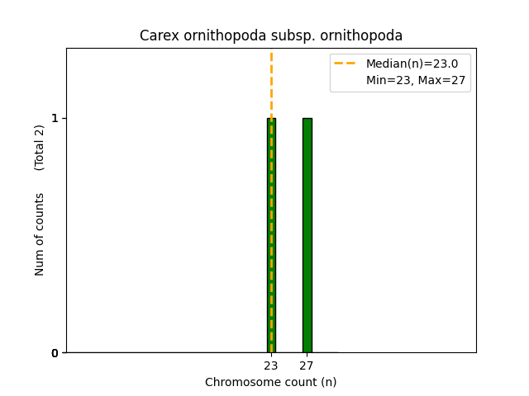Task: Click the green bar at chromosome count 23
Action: [x=271, y=235]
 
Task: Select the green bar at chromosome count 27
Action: [x=307, y=235]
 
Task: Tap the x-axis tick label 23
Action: [x=271, y=365]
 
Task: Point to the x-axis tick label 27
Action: [x=307, y=365]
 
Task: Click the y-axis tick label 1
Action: [x=55, y=118]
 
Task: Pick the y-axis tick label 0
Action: [x=55, y=353]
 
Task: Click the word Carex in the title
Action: [x=157, y=36]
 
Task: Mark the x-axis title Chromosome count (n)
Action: [x=271, y=382]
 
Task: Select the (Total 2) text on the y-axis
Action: [x=40, y=148]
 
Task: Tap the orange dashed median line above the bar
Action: [x=271, y=82]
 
